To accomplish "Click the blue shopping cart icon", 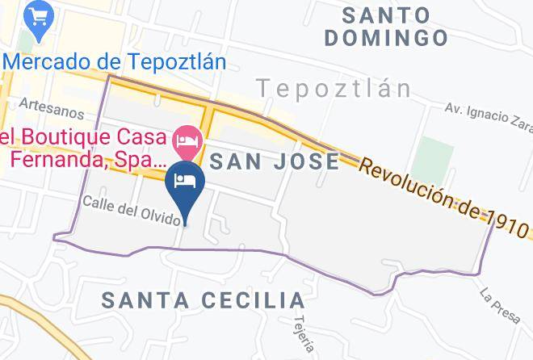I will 37,15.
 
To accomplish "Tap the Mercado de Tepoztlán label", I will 114,61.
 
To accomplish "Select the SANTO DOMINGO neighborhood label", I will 393,26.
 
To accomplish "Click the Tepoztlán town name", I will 334,87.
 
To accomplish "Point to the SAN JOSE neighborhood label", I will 275,161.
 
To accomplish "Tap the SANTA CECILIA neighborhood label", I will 204,300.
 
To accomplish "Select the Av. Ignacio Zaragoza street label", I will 489,116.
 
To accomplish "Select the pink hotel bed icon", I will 188,143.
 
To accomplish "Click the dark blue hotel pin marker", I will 184,181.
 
